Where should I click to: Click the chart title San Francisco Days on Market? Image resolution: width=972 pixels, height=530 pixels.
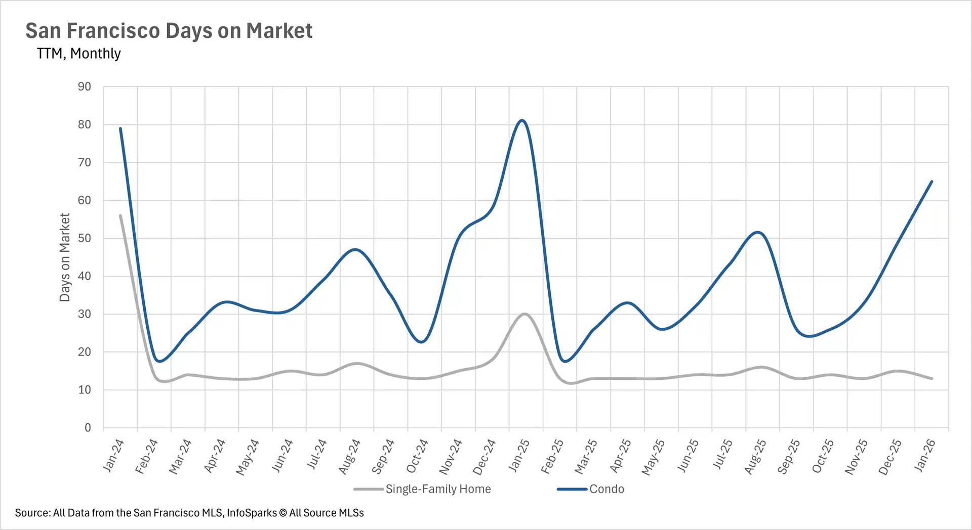tap(169, 31)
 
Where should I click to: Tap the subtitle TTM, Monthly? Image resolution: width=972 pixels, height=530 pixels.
tap(78, 54)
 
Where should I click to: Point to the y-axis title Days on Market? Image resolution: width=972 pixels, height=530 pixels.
tap(65, 257)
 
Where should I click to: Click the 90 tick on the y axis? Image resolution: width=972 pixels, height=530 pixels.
tap(85, 87)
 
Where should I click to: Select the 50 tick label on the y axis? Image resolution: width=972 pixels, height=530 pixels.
tap(85, 238)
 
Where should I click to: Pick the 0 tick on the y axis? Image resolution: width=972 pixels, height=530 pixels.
tap(88, 428)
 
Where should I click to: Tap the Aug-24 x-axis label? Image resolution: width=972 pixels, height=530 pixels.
tap(350, 456)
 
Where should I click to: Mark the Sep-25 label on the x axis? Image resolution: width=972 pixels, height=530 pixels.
tap(789, 456)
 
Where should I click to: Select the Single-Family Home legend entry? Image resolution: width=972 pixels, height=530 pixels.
tap(438, 489)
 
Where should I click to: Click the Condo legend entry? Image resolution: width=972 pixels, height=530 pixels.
tap(606, 489)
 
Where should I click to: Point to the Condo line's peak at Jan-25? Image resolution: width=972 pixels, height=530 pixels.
tap(522, 120)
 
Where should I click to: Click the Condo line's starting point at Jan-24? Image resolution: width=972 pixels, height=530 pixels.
tap(120, 128)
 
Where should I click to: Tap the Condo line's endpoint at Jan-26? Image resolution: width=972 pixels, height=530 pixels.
tap(931, 182)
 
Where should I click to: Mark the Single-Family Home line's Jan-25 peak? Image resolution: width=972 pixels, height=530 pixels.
tap(524, 314)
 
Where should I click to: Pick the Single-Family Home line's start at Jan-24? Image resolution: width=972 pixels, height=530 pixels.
tap(120, 215)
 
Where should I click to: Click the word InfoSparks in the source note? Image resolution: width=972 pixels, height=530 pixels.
tap(252, 513)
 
